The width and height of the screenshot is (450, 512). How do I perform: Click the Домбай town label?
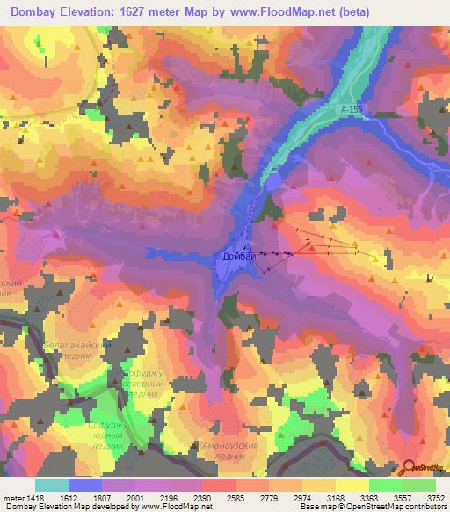237,256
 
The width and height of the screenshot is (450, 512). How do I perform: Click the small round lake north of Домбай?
273,181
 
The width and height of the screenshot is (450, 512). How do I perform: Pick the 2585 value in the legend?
235,497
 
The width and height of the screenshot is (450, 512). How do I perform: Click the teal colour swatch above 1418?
51,485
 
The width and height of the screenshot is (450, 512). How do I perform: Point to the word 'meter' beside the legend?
12,497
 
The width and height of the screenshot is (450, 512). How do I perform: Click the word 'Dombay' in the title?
34,12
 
